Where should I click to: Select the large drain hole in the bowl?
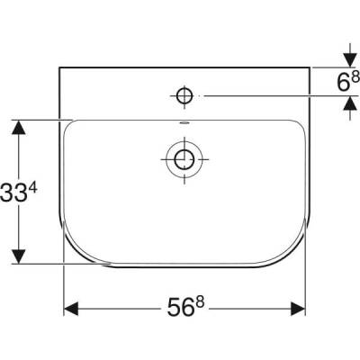pos(184,159)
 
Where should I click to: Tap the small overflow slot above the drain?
pos(184,124)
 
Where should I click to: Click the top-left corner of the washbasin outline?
pos(61,67)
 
